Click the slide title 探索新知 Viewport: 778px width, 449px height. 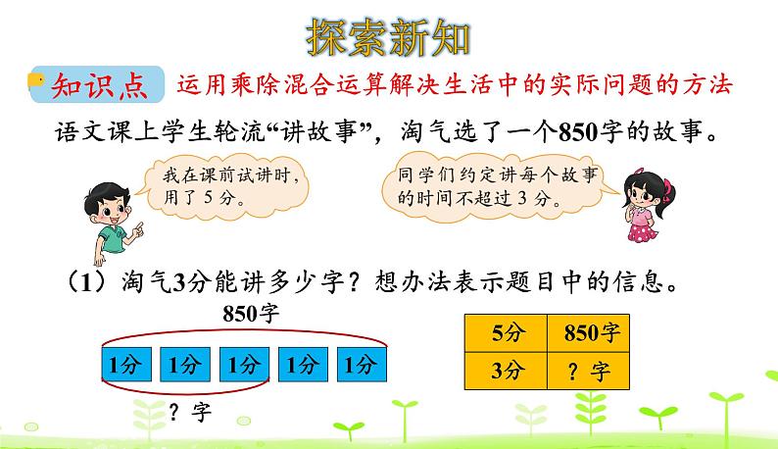click(389, 37)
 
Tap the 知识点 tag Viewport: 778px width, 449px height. click(99, 85)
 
